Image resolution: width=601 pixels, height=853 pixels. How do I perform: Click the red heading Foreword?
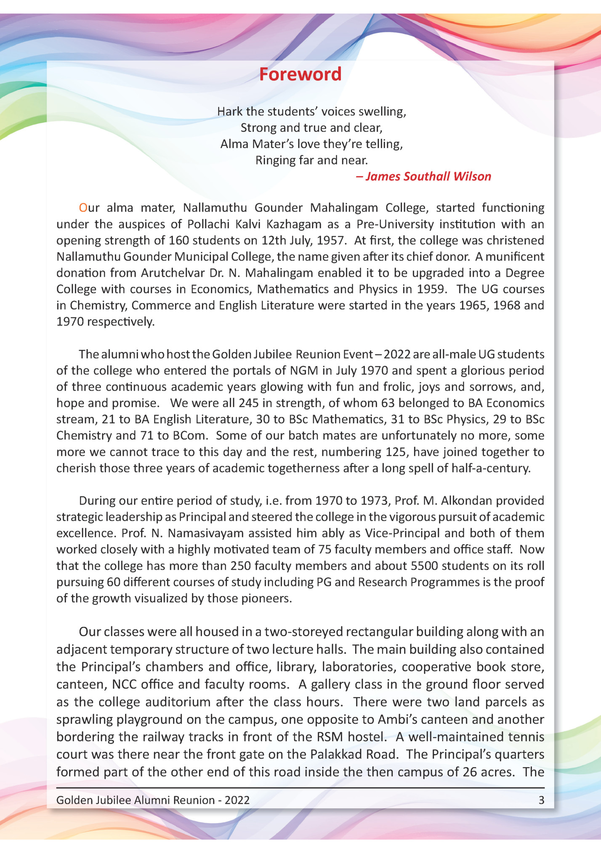[x=300, y=74]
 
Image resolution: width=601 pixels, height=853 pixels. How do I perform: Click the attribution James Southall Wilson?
[x=423, y=176]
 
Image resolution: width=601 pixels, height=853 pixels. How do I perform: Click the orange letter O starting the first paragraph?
[x=83, y=208]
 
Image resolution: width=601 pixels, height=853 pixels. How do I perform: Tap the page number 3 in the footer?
[x=541, y=800]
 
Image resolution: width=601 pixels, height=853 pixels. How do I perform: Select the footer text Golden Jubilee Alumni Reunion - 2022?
[x=153, y=800]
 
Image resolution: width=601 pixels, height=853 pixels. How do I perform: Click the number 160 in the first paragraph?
[x=179, y=241]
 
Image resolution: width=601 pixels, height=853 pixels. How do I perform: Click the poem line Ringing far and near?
[x=311, y=160]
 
